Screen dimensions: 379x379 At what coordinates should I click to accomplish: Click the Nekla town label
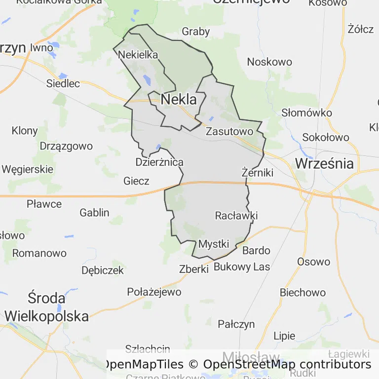[x=179, y=100]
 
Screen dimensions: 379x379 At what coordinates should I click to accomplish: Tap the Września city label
[x=324, y=163]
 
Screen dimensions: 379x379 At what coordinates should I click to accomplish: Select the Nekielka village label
[x=138, y=54]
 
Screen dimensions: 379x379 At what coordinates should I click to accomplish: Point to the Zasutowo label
[x=229, y=131]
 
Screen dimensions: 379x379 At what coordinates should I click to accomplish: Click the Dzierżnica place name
[x=159, y=162]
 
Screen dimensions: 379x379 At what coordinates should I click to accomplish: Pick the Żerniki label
[x=258, y=173]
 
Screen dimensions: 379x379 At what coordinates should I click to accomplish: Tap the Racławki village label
[x=236, y=216]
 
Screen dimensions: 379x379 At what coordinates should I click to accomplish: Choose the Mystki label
[x=214, y=244]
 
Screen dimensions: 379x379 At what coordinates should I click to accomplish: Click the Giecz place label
[x=136, y=181]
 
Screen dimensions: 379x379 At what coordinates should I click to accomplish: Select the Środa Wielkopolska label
[x=47, y=307]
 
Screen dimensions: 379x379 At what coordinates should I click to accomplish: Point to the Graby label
[x=196, y=32]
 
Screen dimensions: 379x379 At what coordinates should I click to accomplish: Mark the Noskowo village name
[x=269, y=62]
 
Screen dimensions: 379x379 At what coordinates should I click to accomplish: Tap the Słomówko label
[x=306, y=113]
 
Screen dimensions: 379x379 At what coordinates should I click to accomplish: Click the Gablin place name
[x=94, y=213]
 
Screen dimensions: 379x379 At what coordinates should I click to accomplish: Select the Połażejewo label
[x=154, y=292]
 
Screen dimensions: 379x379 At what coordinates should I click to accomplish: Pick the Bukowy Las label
[x=242, y=267]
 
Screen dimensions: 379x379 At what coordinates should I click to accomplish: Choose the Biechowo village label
[x=303, y=292]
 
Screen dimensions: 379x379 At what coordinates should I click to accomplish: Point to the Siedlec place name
[x=63, y=83]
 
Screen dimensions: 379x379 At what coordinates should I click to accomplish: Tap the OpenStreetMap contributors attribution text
[x=287, y=365]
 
